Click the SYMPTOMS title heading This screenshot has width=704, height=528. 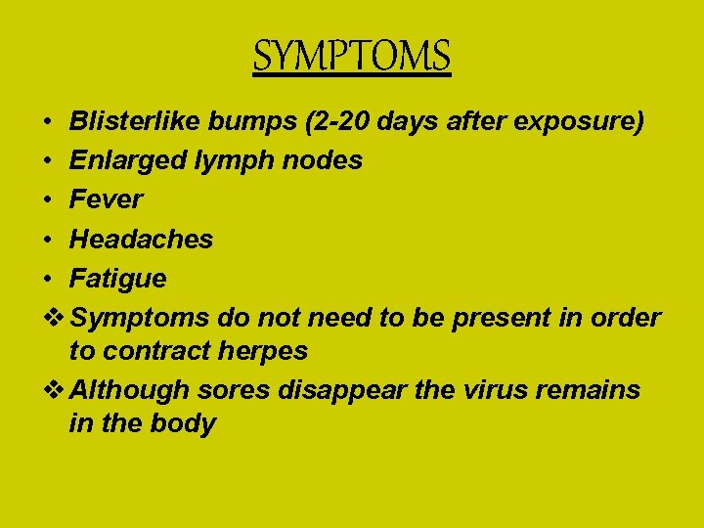(x=352, y=56)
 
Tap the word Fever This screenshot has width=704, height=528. (x=106, y=199)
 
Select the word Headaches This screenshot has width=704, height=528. (x=142, y=239)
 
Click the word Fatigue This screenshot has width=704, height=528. (x=117, y=279)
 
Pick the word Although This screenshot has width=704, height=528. (x=130, y=390)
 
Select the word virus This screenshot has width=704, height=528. (x=469, y=390)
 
